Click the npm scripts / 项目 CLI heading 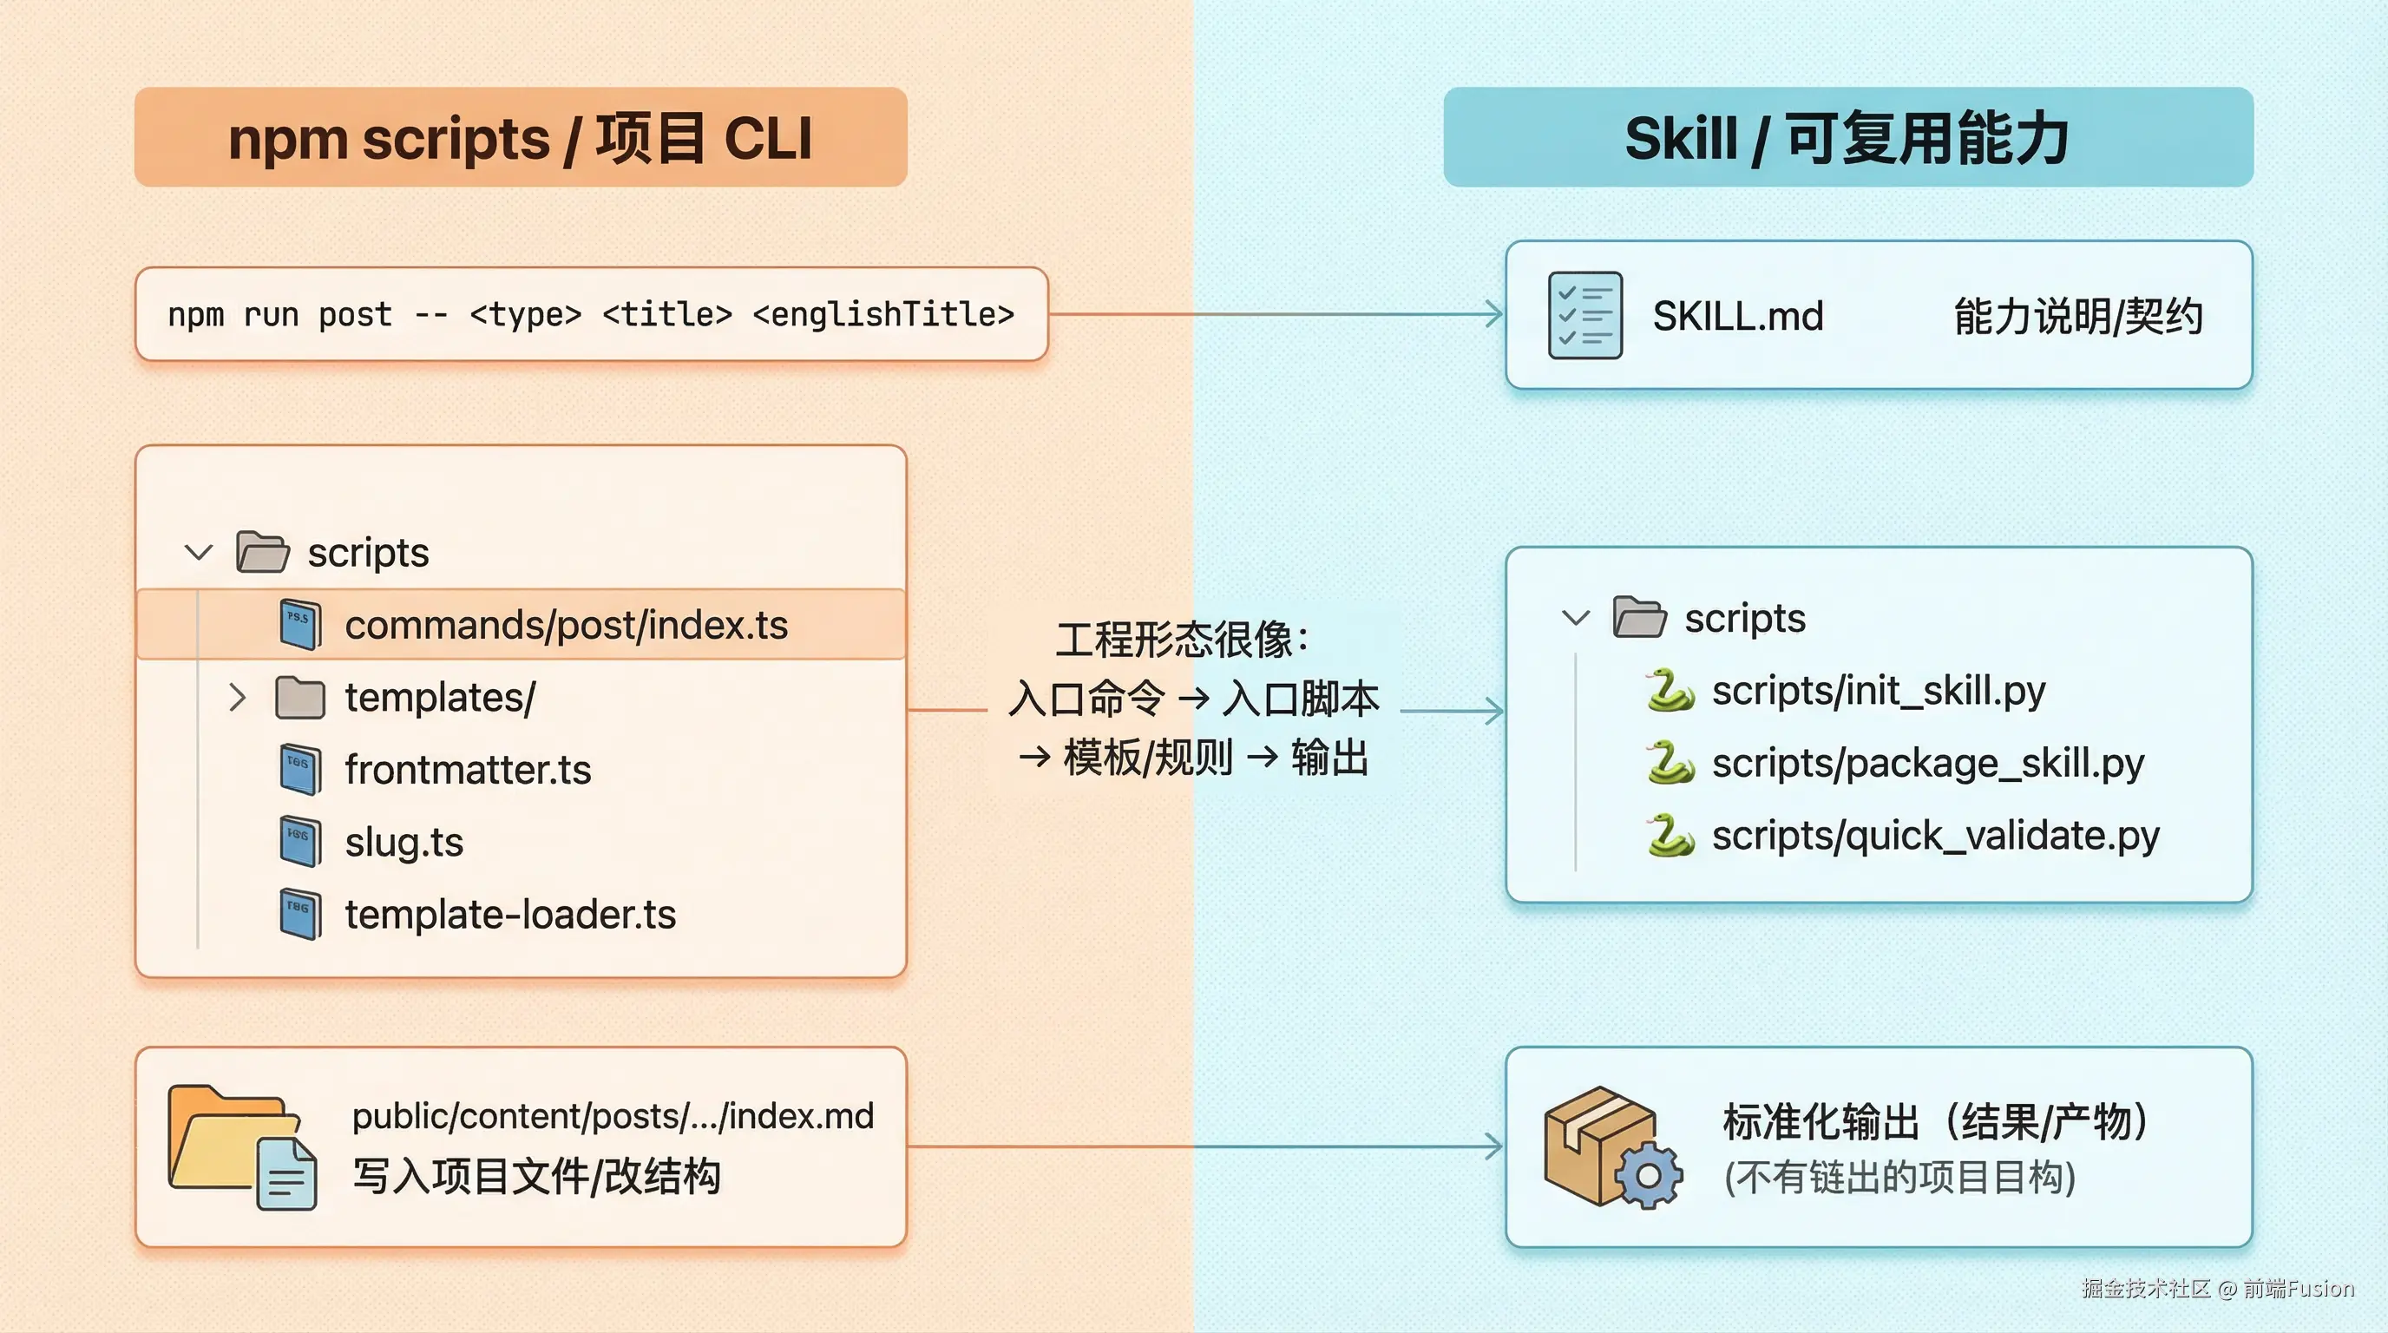(x=520, y=138)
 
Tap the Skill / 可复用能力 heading (x=1847, y=138)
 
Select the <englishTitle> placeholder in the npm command (x=883, y=314)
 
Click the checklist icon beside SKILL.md (x=1585, y=315)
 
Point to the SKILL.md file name (x=1737, y=316)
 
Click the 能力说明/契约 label (x=2077, y=316)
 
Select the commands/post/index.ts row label (x=566, y=625)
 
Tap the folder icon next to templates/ (x=300, y=697)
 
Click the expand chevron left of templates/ (x=237, y=697)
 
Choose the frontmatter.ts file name (x=467, y=770)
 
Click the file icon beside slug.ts (x=300, y=842)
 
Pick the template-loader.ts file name (x=510, y=914)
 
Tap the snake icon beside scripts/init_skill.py (x=1670, y=691)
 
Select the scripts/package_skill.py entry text (x=1927, y=763)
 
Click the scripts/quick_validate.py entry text (x=1935, y=835)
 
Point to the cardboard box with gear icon (x=1611, y=1147)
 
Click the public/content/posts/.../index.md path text (x=613, y=1116)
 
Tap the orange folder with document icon (x=242, y=1147)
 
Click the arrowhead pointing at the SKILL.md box (x=1494, y=314)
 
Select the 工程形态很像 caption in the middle (x=1181, y=640)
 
